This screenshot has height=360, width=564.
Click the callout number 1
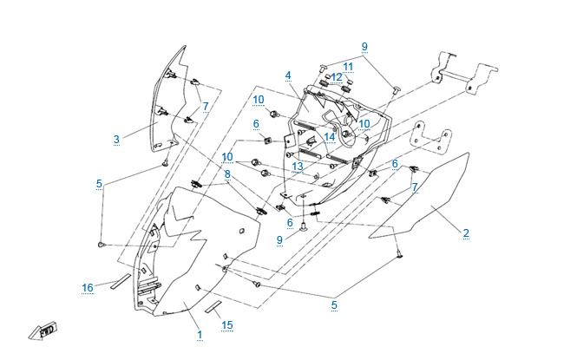click(199, 334)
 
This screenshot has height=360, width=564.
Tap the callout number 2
click(466, 232)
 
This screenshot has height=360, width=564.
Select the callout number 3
click(116, 138)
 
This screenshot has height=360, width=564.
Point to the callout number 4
click(287, 75)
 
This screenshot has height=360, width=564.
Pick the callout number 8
click(226, 174)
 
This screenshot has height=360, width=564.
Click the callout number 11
click(348, 66)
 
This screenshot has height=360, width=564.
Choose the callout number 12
click(337, 77)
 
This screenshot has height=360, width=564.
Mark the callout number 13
click(297, 166)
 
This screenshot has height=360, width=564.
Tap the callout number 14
click(330, 136)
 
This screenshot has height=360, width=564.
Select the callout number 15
click(227, 325)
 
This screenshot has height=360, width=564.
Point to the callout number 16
click(88, 287)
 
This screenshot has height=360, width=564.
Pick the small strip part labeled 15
click(213, 308)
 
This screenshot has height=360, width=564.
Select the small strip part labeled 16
click(118, 283)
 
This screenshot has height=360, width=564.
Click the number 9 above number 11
click(364, 46)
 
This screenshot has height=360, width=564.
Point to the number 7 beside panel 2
click(415, 187)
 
